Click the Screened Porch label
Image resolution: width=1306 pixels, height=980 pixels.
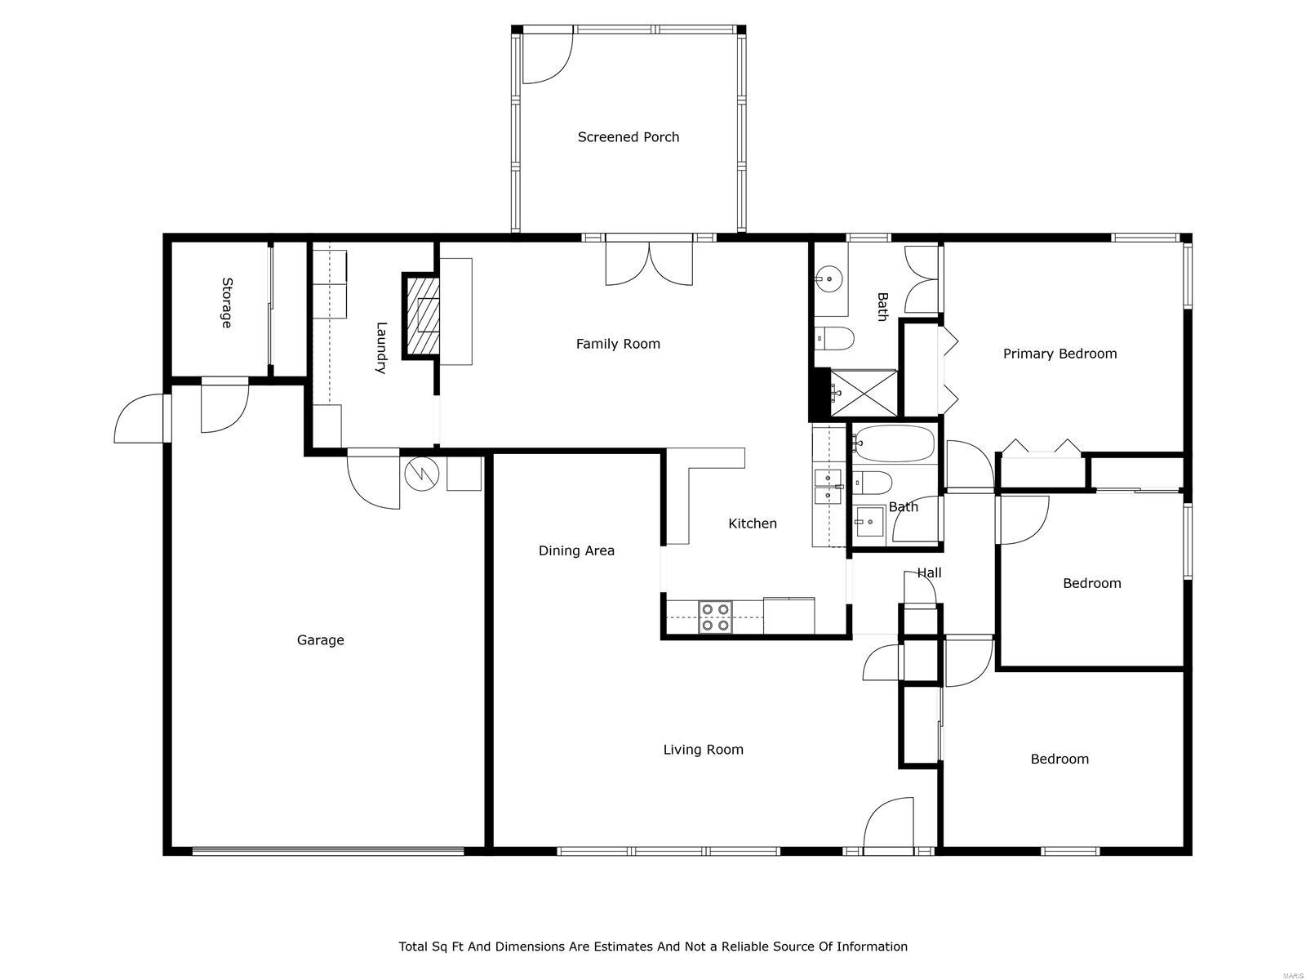point(628,137)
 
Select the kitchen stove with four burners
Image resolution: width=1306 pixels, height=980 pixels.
point(715,617)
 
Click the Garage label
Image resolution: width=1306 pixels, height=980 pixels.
point(320,640)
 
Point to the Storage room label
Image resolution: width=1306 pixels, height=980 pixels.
point(226,303)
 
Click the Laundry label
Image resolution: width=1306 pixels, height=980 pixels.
point(380,348)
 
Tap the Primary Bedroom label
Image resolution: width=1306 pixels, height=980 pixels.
point(1059,354)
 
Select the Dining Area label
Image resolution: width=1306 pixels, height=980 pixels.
point(576,550)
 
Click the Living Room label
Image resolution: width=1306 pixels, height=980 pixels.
point(703,750)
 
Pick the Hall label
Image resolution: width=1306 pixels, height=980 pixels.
point(929,572)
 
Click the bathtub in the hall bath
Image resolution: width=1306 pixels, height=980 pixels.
point(895,443)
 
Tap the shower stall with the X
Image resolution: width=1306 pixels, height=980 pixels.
point(863,394)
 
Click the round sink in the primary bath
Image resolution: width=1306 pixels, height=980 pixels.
point(829,279)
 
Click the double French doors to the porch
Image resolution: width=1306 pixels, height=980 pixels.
point(649,263)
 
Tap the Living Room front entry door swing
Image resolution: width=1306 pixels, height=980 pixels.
point(888,826)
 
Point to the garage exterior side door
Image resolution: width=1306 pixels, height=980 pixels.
point(140,419)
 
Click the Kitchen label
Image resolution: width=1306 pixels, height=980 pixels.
point(752,523)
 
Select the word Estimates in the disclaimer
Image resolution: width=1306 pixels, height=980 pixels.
point(609,947)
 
